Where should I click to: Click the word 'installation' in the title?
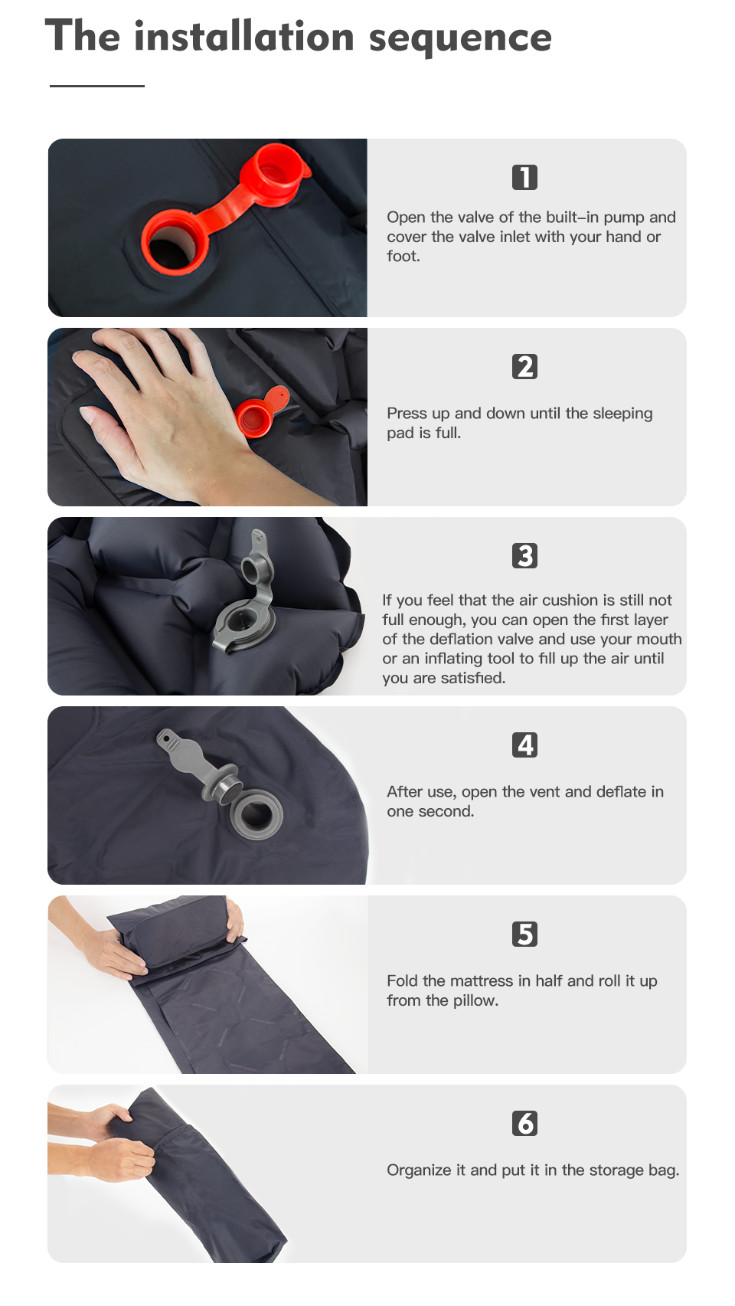(x=243, y=37)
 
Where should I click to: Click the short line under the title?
(x=97, y=86)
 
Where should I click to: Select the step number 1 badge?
(x=524, y=177)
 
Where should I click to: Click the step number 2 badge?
(x=524, y=366)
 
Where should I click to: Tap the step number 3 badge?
(x=524, y=555)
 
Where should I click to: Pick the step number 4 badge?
(x=524, y=745)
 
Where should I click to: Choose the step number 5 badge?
(x=524, y=934)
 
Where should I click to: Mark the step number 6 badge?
(x=524, y=1123)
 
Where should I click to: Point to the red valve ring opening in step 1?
(x=175, y=244)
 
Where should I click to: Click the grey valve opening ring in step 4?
(x=256, y=813)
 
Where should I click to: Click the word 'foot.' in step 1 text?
(x=403, y=257)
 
